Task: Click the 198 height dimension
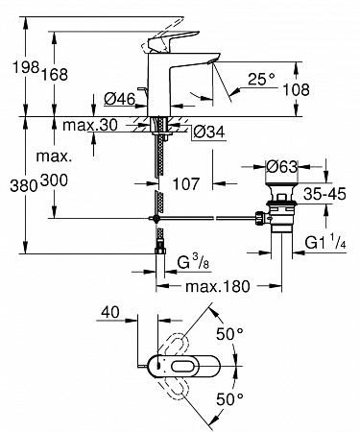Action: [x=26, y=67]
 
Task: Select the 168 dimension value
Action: [x=54, y=74]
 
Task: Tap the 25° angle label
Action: [x=261, y=79]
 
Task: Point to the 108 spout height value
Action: [x=296, y=89]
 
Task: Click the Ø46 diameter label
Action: [x=120, y=99]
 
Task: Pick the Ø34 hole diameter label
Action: [x=209, y=132]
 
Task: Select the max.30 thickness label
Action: [x=90, y=125]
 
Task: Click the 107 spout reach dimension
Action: [x=186, y=183]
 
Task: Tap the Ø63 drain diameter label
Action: [x=282, y=166]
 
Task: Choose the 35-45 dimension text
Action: [x=324, y=194]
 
